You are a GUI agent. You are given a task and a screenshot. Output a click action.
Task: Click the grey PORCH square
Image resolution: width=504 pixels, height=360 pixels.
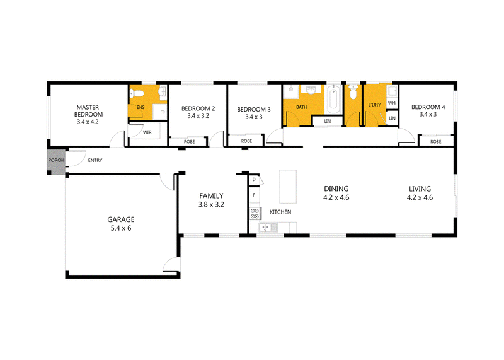point(55,162)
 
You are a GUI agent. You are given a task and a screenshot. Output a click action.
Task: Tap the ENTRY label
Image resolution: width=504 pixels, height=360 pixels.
point(95,160)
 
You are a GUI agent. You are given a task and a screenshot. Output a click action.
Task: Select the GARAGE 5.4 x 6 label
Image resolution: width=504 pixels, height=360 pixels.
point(121,224)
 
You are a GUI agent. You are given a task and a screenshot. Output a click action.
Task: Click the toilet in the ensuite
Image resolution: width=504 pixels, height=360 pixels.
point(136,93)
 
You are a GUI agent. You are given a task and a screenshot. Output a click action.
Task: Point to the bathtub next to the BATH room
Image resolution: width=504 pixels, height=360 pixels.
point(333,99)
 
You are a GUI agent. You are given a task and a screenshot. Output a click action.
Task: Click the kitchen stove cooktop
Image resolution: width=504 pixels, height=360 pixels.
point(255,214)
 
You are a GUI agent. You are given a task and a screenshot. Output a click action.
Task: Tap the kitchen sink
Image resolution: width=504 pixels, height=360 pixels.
point(269,228)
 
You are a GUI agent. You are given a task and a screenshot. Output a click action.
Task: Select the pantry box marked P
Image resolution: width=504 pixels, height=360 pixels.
point(254,180)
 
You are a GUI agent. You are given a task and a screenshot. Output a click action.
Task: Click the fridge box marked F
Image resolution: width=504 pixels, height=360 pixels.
point(254,195)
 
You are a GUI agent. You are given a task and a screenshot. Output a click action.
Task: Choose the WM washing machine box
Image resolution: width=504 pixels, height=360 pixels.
point(392,103)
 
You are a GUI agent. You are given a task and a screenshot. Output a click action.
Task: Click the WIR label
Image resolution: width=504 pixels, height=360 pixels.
point(147,132)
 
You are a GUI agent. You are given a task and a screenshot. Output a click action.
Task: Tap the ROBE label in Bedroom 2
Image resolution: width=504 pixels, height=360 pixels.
point(190,142)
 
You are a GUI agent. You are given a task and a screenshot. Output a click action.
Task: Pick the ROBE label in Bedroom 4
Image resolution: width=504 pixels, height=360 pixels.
point(435,142)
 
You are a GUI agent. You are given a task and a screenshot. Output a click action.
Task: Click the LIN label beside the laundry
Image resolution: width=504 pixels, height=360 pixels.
point(392,119)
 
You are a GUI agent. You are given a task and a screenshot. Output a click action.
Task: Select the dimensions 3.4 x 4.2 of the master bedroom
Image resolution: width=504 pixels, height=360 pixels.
point(88,122)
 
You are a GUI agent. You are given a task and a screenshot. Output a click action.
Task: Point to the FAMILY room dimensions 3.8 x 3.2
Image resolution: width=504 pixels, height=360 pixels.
point(211,205)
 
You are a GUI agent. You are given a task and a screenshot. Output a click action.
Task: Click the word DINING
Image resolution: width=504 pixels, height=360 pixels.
point(336,189)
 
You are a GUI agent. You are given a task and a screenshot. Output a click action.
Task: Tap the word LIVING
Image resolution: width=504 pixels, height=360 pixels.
point(420,189)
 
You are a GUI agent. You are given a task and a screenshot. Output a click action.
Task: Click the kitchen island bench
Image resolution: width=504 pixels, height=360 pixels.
point(288,187)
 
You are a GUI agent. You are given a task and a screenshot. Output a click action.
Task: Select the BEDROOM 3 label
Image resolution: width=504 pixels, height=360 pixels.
point(254,109)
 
